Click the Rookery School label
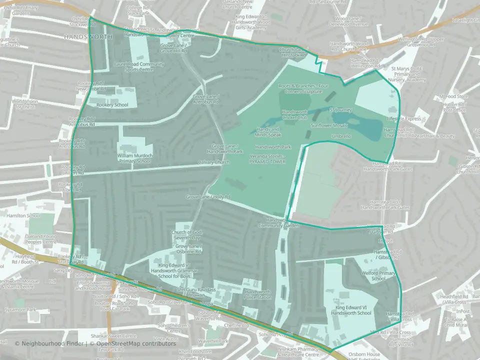113,105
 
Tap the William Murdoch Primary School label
133,158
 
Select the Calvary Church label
213,162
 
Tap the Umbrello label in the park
341,136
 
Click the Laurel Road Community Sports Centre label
139,66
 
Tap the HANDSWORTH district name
82,37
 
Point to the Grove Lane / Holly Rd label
208,197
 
